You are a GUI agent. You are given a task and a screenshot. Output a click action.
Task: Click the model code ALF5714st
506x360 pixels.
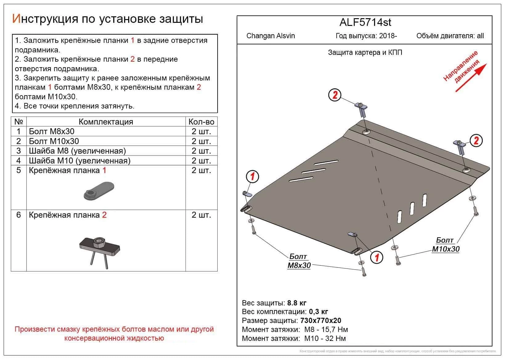click(365, 22)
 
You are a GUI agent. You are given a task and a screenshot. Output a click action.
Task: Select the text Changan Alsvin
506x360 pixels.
click(270, 36)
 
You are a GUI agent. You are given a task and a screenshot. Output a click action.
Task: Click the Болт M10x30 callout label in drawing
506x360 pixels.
click(446, 245)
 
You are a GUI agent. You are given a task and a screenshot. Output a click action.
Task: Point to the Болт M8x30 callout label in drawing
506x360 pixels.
click(299, 261)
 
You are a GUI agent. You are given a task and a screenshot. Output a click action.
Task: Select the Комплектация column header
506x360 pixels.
click(106, 122)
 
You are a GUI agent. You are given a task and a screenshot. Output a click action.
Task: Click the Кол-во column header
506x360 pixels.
click(201, 122)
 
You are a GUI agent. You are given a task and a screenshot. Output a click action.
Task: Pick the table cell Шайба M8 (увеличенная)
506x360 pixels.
click(77, 151)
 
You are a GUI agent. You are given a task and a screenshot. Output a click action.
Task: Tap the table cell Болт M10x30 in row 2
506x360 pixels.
click(54, 141)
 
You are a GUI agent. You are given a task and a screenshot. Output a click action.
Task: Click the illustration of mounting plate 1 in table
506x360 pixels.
click(99, 191)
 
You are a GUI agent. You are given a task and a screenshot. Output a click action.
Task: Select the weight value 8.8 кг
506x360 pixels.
click(296, 303)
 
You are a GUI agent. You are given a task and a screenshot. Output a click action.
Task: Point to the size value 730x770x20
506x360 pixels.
click(320, 321)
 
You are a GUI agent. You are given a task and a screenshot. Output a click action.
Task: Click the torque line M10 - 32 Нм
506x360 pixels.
click(325, 338)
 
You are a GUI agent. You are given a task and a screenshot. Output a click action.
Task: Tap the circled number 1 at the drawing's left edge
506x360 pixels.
click(252, 177)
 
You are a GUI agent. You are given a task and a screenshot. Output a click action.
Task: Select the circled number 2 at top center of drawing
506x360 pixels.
click(335, 95)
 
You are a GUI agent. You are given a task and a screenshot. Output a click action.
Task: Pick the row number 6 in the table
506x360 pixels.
click(18, 215)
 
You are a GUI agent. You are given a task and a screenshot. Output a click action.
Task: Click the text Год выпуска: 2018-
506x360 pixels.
click(366, 36)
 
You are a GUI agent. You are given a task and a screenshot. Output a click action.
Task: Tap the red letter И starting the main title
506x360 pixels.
click(16, 19)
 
